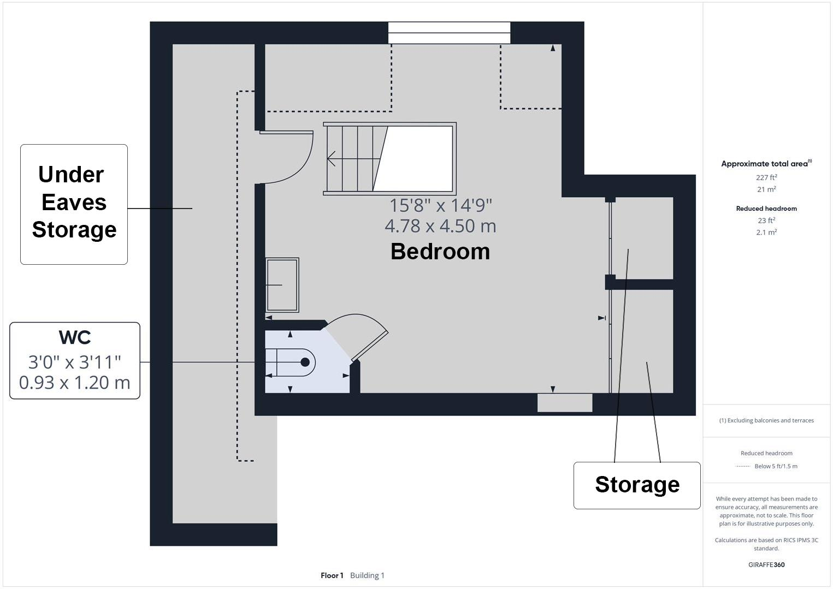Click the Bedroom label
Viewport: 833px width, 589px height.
pyautogui.click(x=440, y=252)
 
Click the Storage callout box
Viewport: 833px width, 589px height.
pyautogui.click(x=637, y=485)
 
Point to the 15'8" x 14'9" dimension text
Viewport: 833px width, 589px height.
pyautogui.click(x=440, y=206)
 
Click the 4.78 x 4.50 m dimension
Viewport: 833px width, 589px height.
pyautogui.click(x=440, y=226)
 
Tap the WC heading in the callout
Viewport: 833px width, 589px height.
pyautogui.click(x=75, y=337)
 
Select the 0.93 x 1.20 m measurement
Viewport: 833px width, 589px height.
pyautogui.click(x=75, y=383)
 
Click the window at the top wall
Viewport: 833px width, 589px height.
pyautogui.click(x=449, y=33)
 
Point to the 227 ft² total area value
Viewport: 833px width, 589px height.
pyautogui.click(x=766, y=177)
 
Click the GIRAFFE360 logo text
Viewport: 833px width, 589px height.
pyautogui.click(x=766, y=564)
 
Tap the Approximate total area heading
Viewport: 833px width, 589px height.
pyautogui.click(x=765, y=164)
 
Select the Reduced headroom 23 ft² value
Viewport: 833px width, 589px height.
pyautogui.click(x=766, y=221)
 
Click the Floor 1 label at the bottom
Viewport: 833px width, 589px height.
pyautogui.click(x=332, y=575)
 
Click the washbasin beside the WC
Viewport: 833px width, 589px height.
pyautogui.click(x=282, y=284)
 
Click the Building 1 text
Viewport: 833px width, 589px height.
pyautogui.click(x=367, y=575)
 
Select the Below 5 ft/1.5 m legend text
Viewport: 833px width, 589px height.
pyautogui.click(x=776, y=466)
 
